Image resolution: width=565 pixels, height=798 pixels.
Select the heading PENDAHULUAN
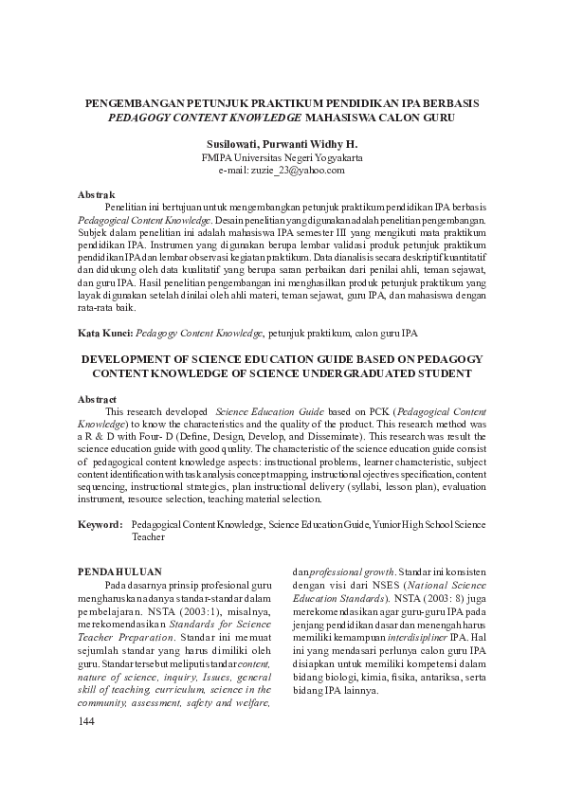pos(118,571)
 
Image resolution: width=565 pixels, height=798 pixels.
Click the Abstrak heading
pos(96,193)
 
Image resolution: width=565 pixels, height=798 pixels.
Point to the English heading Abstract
pos(98,400)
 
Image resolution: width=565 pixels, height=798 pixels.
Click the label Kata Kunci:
pos(104,334)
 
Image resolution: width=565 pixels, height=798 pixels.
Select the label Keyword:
pos(100,523)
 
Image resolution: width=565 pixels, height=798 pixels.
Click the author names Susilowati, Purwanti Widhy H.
pos(282,144)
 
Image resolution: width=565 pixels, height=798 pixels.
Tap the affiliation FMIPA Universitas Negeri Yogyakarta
pos(282,157)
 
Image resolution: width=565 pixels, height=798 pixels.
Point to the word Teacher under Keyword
pos(149,536)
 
